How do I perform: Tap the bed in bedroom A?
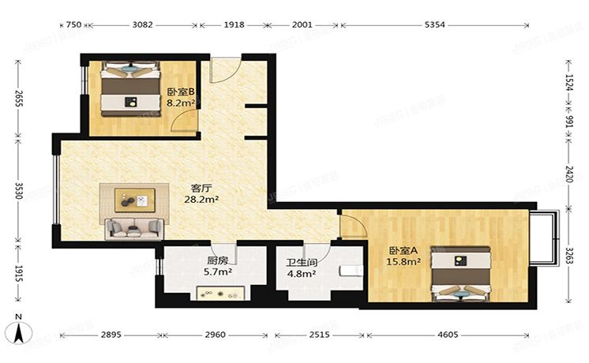pyautogui.click(x=461, y=275)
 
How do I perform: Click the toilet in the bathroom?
pyautogui.click(x=348, y=272)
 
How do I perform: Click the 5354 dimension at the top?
pyautogui.click(x=434, y=25)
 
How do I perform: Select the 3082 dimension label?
pyautogui.click(x=142, y=25)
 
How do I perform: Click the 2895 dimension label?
pyautogui.click(x=111, y=335)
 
